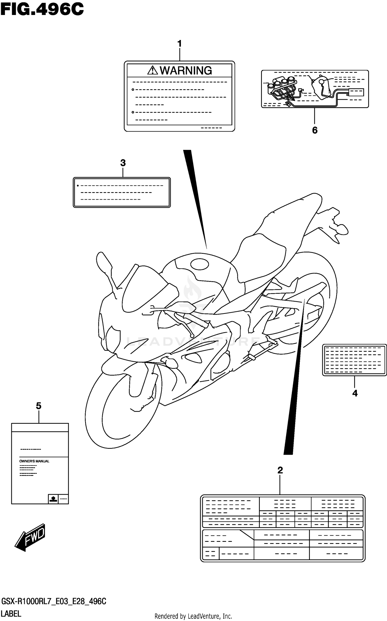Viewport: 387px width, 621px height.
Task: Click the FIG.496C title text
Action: (x=42, y=10)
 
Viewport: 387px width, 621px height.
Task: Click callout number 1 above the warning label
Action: (x=180, y=44)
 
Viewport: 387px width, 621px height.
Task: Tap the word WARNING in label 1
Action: (x=186, y=70)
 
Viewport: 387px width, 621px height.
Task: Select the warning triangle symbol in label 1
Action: (x=152, y=70)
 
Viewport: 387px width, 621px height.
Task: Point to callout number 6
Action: (x=315, y=130)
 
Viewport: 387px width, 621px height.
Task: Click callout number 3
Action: (x=123, y=163)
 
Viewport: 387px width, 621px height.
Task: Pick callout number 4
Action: (x=355, y=393)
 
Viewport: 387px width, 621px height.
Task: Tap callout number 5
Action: (x=38, y=406)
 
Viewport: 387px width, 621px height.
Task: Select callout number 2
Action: (x=280, y=470)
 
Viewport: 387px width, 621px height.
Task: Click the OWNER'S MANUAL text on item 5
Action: (x=34, y=461)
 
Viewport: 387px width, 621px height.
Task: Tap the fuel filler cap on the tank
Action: (x=199, y=264)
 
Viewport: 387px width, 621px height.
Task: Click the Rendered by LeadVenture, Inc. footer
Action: (x=193, y=616)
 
